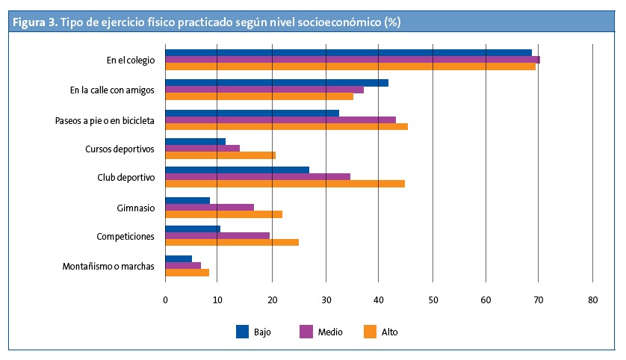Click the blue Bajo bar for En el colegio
point(348,53)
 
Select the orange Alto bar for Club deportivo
point(285,184)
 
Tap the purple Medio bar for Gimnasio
point(209,207)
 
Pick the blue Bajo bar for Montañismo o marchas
point(179,259)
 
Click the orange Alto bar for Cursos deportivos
point(220,155)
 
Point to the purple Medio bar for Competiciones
point(217,236)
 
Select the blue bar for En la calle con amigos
point(276,82)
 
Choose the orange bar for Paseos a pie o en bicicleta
point(286,126)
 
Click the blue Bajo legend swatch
point(243,331)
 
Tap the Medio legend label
point(330,332)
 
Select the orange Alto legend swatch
point(369,331)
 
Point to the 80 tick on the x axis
point(592,300)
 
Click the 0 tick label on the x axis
point(165,300)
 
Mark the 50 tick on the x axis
point(433,300)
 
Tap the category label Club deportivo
point(126,178)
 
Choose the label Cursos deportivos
point(120,149)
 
